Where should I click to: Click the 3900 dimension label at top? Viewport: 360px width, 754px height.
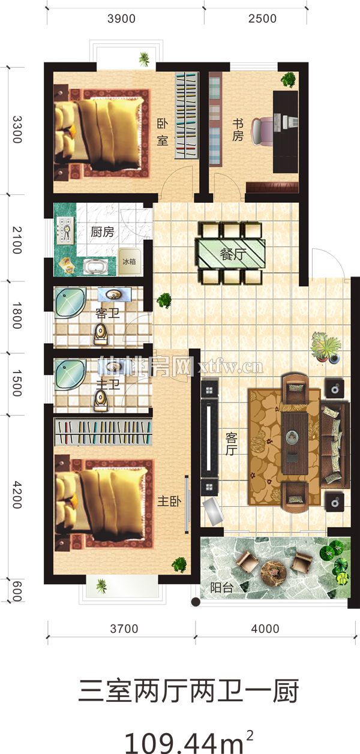[x=121, y=19]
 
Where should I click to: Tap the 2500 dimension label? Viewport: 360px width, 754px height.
[x=262, y=19]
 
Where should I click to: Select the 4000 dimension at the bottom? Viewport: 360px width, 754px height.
[x=265, y=629]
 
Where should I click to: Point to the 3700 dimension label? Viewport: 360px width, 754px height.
[x=124, y=629]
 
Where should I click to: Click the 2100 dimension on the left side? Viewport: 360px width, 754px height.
[x=17, y=240]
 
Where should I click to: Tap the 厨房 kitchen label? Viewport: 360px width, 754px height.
[x=103, y=232]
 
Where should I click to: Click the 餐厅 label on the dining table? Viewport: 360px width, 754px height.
[x=233, y=254]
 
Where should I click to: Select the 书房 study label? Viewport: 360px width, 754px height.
[x=238, y=130]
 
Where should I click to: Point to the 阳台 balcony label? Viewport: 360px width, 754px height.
[x=222, y=587]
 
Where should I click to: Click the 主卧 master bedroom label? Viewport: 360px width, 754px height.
[x=169, y=501]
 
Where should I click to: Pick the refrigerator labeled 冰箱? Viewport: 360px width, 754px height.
[x=129, y=262]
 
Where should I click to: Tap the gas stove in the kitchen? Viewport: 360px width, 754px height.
[x=65, y=230]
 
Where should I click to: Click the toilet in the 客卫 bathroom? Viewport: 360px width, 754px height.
[x=101, y=334]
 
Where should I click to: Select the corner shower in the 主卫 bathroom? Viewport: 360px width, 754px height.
[x=70, y=373]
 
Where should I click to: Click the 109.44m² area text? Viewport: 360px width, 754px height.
[x=189, y=741]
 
